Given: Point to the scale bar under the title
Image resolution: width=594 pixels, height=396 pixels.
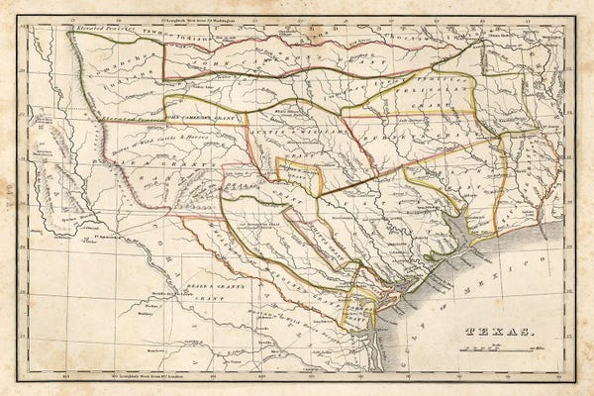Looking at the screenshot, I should (492, 348).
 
